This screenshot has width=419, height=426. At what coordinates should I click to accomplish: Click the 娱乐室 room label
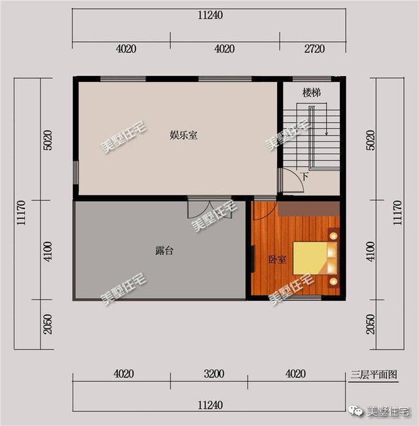(x=184, y=136)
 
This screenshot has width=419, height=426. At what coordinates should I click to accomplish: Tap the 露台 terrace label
(x=164, y=250)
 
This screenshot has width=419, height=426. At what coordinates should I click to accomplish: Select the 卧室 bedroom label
(x=277, y=260)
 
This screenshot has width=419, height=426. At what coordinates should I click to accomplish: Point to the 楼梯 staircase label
(x=311, y=93)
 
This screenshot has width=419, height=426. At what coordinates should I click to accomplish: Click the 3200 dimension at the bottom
(x=213, y=374)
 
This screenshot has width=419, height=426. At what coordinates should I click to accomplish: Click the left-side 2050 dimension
(x=48, y=325)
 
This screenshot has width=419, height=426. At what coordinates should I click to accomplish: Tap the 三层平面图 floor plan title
(x=374, y=376)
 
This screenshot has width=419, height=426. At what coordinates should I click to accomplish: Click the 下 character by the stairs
(x=304, y=176)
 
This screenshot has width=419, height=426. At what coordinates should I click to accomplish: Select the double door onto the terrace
(x=201, y=207)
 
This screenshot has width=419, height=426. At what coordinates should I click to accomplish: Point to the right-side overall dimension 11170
(x=397, y=213)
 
